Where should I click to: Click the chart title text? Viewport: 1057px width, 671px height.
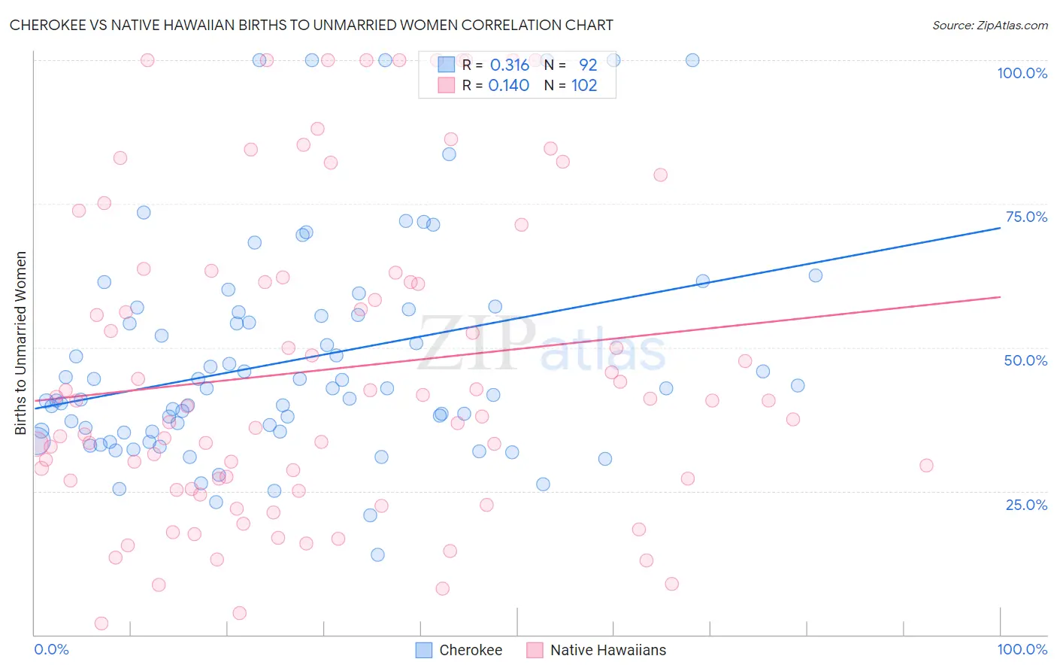(311, 25)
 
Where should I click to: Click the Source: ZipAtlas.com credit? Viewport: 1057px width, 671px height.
(989, 25)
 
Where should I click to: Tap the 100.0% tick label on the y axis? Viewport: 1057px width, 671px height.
(1022, 73)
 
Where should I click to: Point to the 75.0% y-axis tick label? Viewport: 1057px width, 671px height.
(1026, 217)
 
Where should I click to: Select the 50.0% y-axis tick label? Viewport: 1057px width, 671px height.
(1025, 360)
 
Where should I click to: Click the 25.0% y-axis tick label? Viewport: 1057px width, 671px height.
(1026, 505)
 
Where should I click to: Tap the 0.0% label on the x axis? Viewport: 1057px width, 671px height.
(51, 649)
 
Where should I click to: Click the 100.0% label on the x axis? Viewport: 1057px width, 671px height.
(1022, 649)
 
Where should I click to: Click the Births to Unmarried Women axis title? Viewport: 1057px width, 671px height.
(20, 343)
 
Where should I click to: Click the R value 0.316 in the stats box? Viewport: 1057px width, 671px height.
(510, 65)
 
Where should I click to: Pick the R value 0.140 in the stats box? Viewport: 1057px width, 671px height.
(509, 86)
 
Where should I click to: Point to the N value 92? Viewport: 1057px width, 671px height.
(587, 65)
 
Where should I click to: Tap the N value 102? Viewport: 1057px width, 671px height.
(584, 86)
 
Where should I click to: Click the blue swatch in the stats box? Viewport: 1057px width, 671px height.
(447, 65)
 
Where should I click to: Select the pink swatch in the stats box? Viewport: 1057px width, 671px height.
(447, 86)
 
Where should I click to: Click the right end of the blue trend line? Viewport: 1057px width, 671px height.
(1000, 227)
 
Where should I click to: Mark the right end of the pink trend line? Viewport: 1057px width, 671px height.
(1000, 297)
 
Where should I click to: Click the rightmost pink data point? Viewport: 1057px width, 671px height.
(926, 466)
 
